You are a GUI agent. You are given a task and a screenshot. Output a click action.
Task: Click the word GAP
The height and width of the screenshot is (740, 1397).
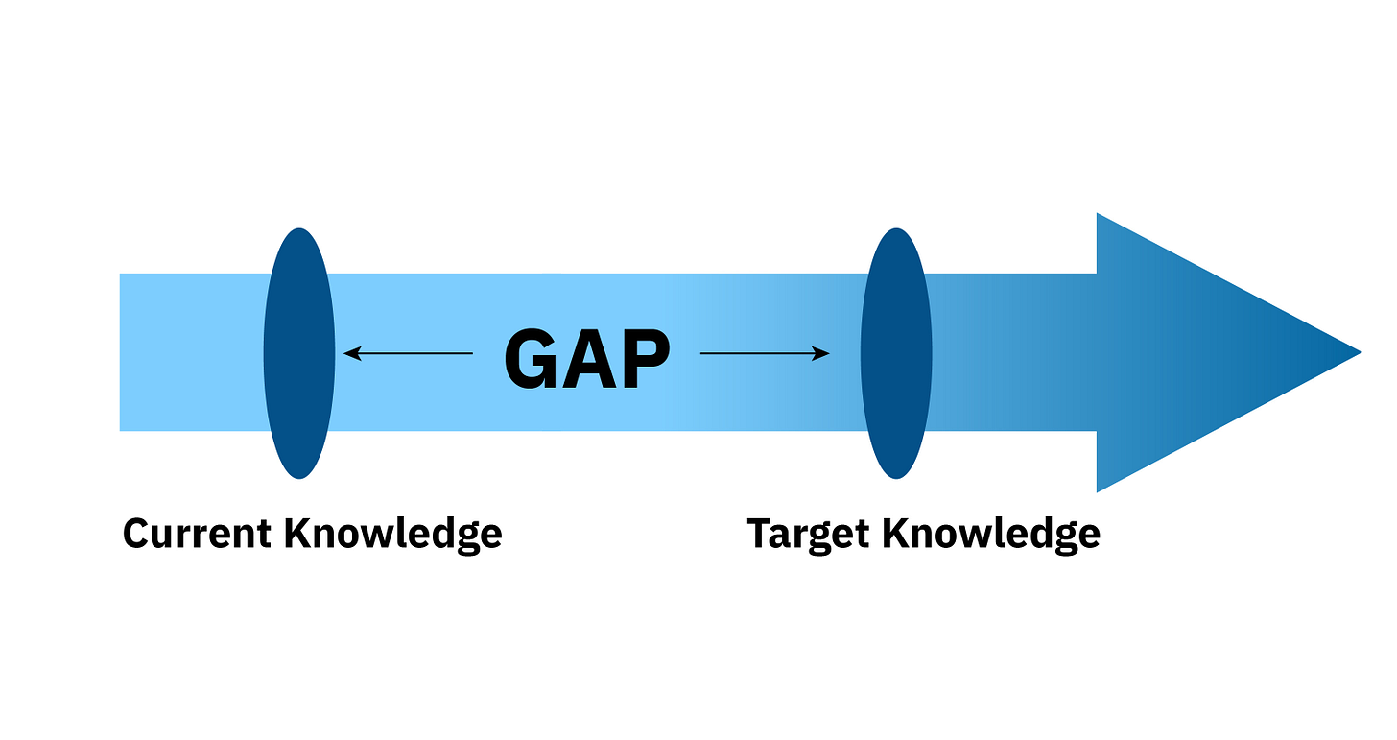[586, 360]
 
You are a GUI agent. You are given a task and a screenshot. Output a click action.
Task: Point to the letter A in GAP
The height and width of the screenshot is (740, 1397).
[587, 360]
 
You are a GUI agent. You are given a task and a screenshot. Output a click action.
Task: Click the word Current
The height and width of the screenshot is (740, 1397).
[197, 533]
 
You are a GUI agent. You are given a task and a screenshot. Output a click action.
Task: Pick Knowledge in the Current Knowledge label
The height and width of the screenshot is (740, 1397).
[393, 534]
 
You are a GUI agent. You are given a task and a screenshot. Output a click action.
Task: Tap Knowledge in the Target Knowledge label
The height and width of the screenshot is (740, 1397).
[992, 534]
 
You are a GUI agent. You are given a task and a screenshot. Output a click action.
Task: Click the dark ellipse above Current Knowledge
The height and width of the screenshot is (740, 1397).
[299, 353]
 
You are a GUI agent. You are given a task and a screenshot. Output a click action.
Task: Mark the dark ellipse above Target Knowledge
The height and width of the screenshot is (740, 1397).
[896, 353]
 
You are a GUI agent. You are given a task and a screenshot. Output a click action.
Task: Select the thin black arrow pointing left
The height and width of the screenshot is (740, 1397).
[409, 353]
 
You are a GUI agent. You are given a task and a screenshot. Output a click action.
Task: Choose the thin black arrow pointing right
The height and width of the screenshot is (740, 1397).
[765, 353]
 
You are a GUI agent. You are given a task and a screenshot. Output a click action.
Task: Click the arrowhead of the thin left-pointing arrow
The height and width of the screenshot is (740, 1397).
[351, 353]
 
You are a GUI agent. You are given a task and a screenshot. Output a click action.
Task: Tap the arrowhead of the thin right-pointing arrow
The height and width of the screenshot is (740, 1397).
[822, 353]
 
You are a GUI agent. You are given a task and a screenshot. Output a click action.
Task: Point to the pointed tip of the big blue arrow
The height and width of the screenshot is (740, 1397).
[1358, 352]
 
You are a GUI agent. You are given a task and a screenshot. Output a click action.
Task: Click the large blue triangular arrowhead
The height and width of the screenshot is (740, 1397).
[1199, 352]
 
